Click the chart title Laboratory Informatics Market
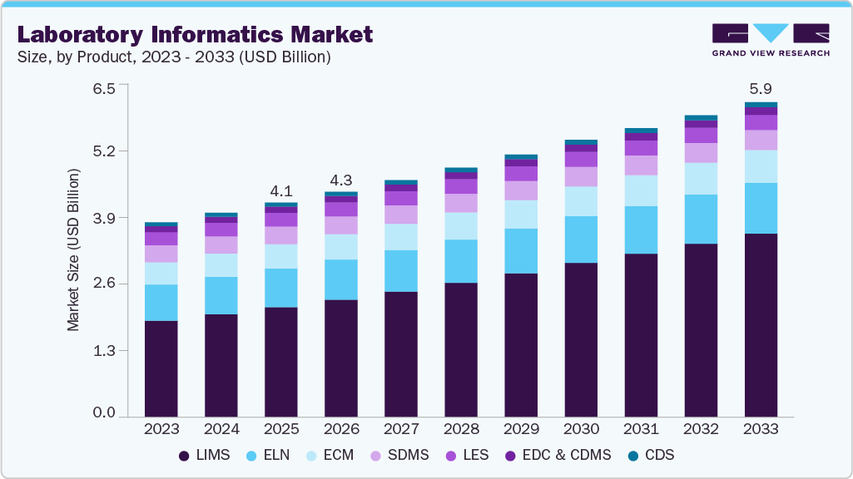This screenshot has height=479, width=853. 195,34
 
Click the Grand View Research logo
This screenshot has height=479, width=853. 770,39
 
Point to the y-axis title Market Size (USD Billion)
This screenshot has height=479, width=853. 74,250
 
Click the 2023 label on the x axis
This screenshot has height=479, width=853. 161,429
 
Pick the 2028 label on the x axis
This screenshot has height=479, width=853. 461,429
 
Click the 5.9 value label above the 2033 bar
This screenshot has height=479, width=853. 761,88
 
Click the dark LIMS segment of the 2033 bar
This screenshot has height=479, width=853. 761,324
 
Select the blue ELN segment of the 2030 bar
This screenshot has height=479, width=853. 581,239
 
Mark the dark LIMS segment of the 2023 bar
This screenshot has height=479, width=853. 161,368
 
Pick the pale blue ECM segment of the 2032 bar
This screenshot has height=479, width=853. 701,179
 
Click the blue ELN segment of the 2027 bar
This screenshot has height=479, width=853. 401,270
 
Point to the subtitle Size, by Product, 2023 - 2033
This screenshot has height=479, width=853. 174,57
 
